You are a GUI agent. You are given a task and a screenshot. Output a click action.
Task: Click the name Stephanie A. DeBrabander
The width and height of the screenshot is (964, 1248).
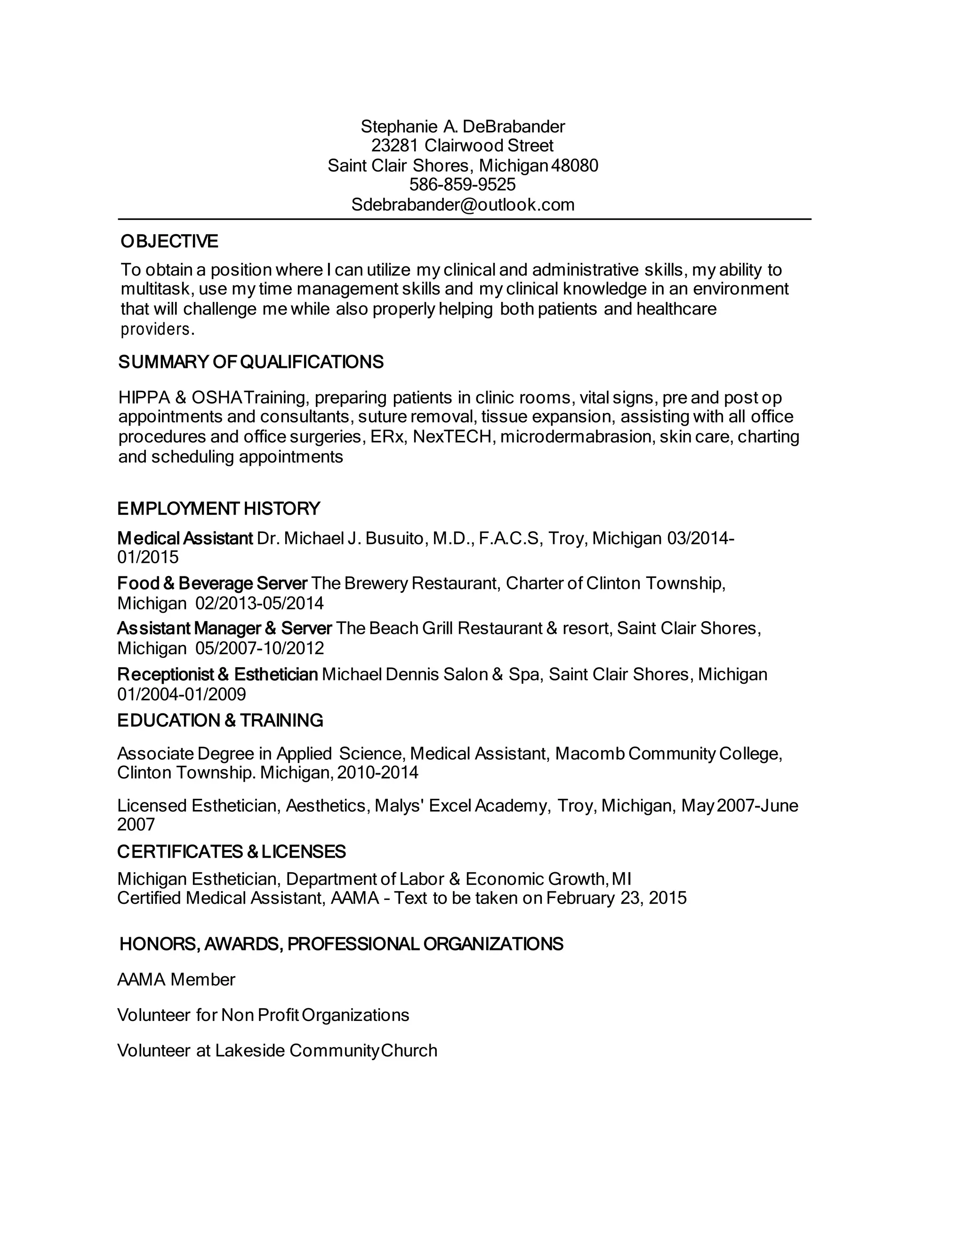[x=463, y=126]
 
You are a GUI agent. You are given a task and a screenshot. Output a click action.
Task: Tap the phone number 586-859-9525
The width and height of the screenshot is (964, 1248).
[x=463, y=185]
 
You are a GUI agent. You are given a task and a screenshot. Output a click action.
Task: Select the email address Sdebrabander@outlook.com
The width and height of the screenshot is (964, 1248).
[x=463, y=204]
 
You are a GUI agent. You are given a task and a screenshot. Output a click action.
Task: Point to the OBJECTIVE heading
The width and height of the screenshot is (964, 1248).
[x=169, y=242]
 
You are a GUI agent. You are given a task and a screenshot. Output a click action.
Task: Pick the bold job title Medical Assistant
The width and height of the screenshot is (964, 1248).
[x=185, y=538]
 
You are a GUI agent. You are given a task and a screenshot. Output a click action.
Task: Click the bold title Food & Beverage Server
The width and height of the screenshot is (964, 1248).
[x=212, y=583]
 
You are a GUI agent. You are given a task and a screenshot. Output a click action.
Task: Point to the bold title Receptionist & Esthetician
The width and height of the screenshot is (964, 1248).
[x=217, y=675]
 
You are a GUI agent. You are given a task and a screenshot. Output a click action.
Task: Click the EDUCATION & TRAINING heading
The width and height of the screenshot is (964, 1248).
[x=220, y=721]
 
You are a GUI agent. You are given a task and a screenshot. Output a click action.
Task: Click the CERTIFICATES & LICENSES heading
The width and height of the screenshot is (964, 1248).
[x=231, y=852]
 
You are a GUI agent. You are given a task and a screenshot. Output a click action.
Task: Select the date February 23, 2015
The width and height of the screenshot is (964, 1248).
[x=616, y=898]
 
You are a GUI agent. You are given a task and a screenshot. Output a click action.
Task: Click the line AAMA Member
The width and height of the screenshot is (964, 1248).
[x=176, y=980]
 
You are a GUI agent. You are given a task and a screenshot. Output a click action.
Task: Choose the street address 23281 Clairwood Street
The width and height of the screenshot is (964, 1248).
[x=463, y=146]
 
